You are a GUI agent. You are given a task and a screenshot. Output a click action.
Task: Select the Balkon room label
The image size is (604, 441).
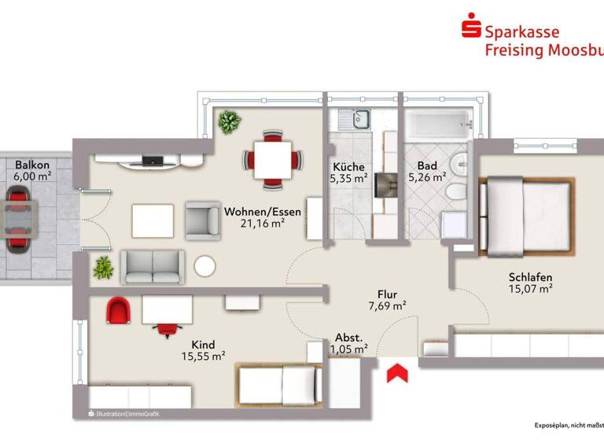point(32,165)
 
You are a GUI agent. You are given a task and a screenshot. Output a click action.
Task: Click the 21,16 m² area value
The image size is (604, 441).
point(262,224)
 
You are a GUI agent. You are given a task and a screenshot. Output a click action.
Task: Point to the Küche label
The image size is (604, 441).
point(348,167)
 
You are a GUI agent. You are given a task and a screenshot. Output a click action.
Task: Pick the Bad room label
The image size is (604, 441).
point(427,166)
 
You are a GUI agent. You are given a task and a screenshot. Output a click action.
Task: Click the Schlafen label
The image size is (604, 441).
point(530,277)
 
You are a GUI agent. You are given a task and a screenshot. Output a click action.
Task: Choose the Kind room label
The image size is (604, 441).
point(203,344)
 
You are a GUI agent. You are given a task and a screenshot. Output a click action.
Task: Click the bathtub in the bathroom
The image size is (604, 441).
point(436,123)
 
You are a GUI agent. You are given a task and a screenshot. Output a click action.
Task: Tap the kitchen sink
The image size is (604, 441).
point(355,120)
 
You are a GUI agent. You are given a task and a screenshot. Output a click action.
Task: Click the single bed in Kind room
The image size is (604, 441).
point(279,387)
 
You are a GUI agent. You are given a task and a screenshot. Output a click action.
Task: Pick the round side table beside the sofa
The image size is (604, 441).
point(205,267)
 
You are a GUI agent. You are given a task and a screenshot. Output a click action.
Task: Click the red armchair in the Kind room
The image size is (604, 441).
point(117,310)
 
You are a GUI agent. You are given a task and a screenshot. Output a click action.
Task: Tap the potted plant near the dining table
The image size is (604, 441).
point(230,122)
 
